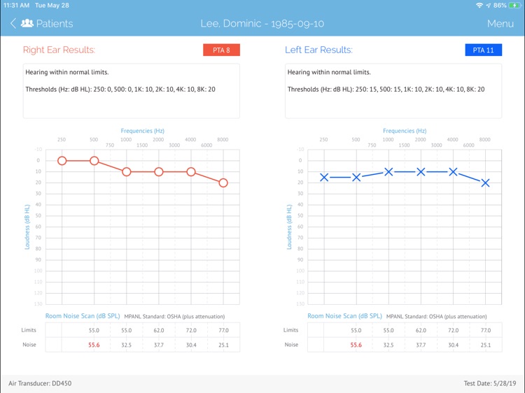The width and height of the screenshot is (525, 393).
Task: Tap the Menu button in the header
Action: pos(500,24)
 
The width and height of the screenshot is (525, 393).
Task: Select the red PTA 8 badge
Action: pos(221,50)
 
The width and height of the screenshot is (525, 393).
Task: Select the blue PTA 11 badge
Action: pos(483,50)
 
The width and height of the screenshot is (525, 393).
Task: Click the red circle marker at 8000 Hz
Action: pos(223,183)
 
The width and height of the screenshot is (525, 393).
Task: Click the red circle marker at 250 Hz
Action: pos(62,161)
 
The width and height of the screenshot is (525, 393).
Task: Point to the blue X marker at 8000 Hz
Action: pos(485,183)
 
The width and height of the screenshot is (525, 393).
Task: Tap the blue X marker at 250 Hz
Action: pos(324,177)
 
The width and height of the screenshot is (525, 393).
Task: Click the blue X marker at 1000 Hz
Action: pos(388,171)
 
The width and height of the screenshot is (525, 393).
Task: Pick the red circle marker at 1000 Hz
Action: pos(127,171)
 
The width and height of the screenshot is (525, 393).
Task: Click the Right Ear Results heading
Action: pos(59,50)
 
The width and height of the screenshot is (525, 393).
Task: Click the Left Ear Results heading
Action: pos(318,50)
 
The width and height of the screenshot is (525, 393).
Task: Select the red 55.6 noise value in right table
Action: pos(94,345)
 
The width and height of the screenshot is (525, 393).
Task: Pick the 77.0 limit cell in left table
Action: pos(485,330)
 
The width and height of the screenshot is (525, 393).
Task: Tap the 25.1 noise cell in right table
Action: pos(223,345)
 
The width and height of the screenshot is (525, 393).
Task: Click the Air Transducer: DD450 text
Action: pos(40,383)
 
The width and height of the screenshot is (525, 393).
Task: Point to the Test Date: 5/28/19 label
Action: pos(489,383)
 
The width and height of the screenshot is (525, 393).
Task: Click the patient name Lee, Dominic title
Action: pos(262,24)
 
